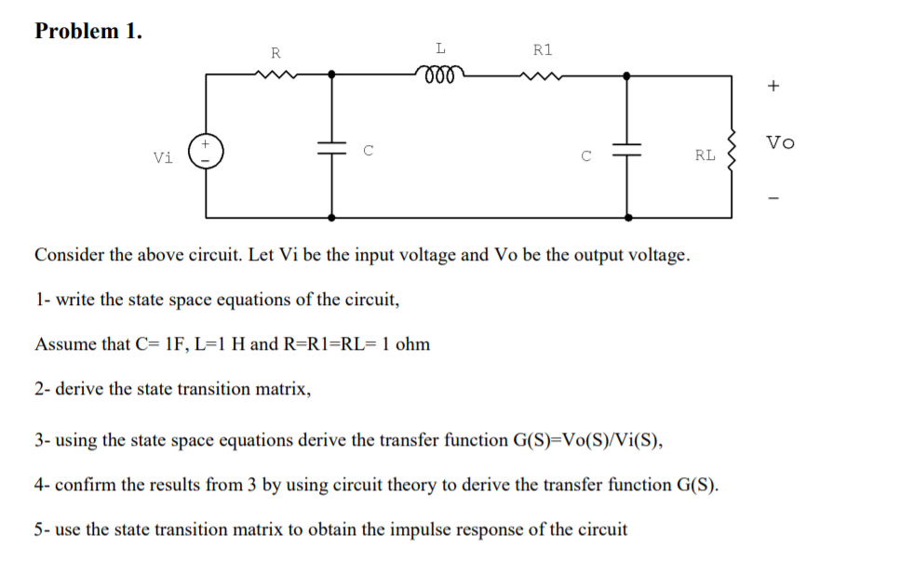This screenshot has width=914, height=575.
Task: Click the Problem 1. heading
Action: pos(88,31)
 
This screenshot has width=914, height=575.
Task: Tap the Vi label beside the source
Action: pos(164,157)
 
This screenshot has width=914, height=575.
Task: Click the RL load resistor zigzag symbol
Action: pos(731,154)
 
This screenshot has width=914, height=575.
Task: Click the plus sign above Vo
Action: pos(773,87)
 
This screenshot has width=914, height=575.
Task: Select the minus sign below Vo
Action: pos(773,198)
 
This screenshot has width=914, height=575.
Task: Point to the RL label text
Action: pos(705,155)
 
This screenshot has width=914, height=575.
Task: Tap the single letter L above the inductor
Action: pos(440,47)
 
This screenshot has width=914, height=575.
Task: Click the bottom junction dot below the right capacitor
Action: pos(629,217)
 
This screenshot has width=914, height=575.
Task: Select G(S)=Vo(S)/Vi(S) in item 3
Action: pos(588,440)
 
